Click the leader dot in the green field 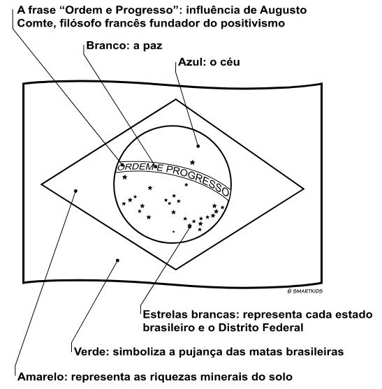(117, 260)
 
